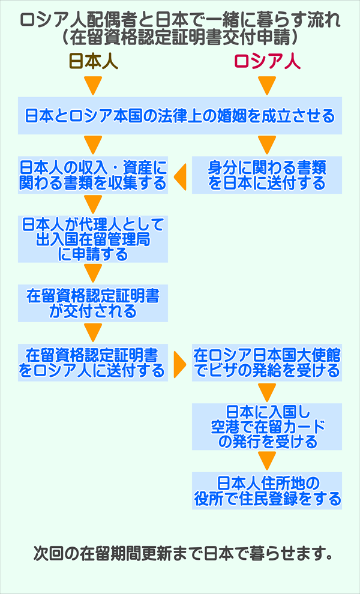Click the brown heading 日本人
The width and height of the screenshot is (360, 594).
(93, 62)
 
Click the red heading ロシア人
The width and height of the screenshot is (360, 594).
(267, 62)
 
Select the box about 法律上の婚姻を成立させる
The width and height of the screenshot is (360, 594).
(179, 115)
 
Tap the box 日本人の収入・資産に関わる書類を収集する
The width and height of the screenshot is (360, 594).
(92, 175)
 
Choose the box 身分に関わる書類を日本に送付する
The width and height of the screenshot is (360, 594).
(267, 175)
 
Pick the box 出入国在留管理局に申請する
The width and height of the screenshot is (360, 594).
(92, 239)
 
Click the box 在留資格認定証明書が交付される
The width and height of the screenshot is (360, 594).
(92, 304)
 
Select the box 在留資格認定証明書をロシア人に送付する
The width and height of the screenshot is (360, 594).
(92, 362)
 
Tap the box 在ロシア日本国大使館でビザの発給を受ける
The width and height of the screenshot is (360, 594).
(267, 362)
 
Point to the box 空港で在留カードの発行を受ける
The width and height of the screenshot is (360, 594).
(267, 427)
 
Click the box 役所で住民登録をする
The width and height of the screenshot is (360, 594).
(267, 490)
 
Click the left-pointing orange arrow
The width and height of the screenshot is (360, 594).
(179, 175)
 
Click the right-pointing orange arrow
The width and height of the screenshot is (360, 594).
(179, 363)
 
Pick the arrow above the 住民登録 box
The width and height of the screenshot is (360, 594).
(267, 461)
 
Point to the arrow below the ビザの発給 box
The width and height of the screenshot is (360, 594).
(267, 392)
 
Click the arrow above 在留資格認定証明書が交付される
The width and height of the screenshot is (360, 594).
(93, 274)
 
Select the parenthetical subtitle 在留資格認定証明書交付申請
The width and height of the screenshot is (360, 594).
(179, 38)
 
